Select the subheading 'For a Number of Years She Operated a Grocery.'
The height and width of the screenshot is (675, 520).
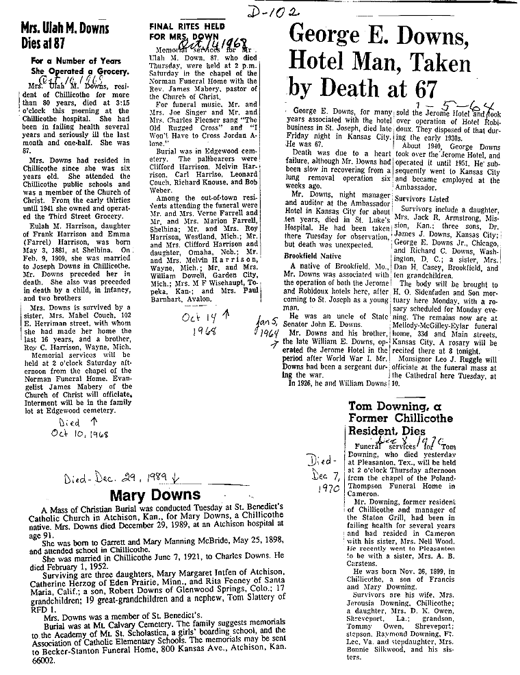click(x=80, y=66)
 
